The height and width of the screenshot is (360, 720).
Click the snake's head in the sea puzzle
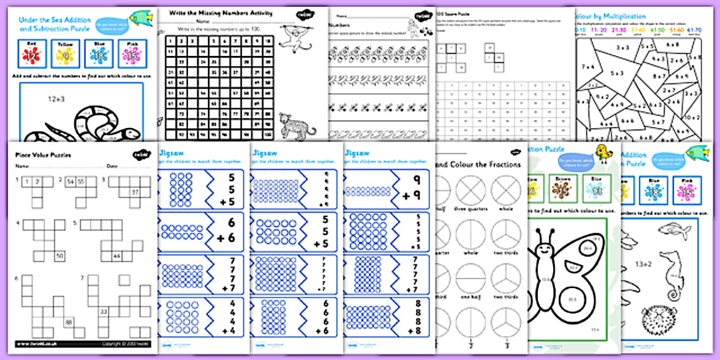pyautogui.click(x=130, y=134)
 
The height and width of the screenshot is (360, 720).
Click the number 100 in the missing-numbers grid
pyautogui.click(x=267, y=135)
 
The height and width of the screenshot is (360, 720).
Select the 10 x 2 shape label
pyautogui.click(x=689, y=117)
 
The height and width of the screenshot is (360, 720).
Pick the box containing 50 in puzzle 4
pyautogui.click(x=59, y=255)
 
